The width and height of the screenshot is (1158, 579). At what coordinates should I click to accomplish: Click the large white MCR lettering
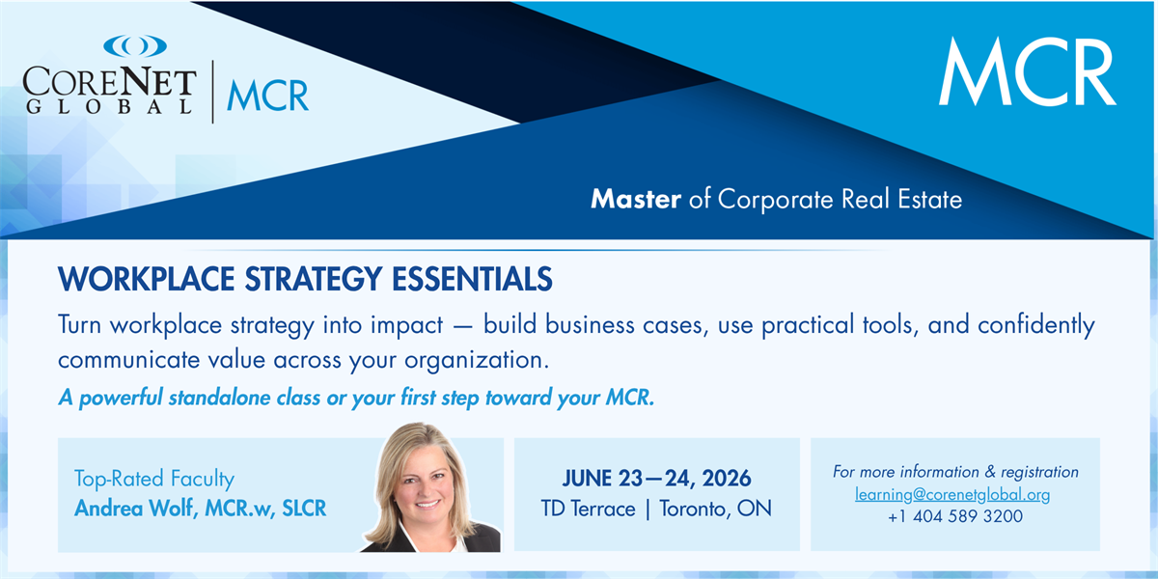coord(1027,71)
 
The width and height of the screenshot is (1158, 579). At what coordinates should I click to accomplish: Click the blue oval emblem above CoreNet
coord(135,46)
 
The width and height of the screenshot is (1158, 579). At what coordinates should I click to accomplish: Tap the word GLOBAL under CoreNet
coord(110,106)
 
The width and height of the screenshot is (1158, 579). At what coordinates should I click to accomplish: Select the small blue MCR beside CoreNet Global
coord(268,96)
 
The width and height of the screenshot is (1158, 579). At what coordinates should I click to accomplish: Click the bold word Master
coord(635,199)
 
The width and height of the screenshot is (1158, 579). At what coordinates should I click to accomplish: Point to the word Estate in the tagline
coord(929,199)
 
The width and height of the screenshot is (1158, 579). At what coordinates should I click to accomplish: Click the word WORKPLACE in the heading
coord(147,279)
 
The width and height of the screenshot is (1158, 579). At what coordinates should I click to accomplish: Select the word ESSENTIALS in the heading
coord(472,279)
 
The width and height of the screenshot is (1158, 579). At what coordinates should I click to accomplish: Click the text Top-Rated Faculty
coord(154,479)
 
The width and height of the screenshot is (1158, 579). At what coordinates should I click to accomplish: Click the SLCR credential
coord(304,509)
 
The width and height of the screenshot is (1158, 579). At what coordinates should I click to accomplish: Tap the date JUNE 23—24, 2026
coord(656,479)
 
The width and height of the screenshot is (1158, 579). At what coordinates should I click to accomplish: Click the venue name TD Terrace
coord(589,509)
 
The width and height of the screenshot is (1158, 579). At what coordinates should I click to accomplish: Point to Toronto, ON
coord(715,510)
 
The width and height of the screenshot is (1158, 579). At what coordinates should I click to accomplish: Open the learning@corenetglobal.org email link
coord(952,495)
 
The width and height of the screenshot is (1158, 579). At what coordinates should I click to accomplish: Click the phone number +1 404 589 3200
coord(955,516)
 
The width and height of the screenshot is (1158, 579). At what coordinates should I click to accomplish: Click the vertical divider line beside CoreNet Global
coord(212,92)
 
